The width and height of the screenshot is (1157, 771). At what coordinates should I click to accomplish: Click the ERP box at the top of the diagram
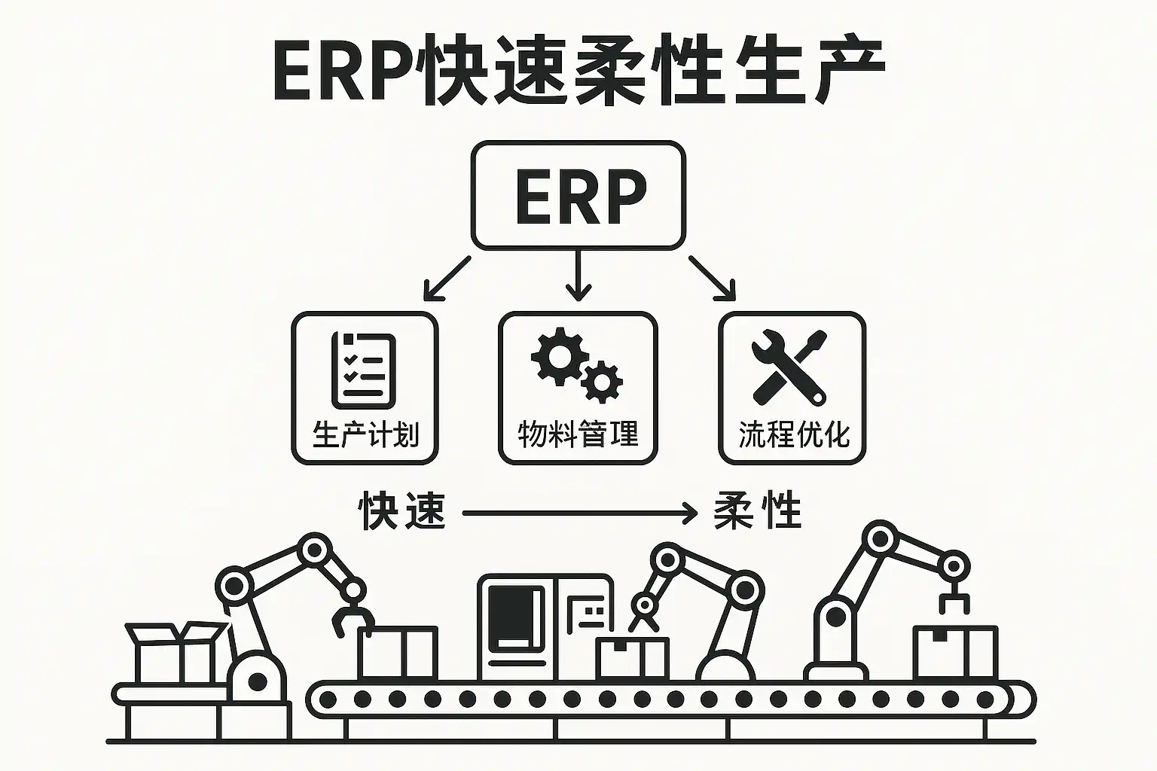(578, 195)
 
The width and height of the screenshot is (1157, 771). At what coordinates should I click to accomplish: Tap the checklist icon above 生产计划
(364, 370)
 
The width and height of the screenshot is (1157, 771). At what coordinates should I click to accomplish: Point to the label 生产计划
(365, 434)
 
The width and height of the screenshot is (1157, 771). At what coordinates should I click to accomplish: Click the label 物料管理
(578, 434)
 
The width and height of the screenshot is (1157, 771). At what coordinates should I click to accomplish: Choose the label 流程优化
(794, 434)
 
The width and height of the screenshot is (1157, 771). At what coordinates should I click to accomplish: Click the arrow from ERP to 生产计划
(447, 278)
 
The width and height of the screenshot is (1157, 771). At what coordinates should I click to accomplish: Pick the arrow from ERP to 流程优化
(712, 278)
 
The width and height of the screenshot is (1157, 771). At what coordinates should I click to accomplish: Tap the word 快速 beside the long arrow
(401, 511)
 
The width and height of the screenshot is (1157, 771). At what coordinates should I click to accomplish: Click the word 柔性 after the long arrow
(757, 511)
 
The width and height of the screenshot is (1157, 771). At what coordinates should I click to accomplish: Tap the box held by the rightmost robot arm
(954, 652)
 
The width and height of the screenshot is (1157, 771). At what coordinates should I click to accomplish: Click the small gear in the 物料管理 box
(602, 382)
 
